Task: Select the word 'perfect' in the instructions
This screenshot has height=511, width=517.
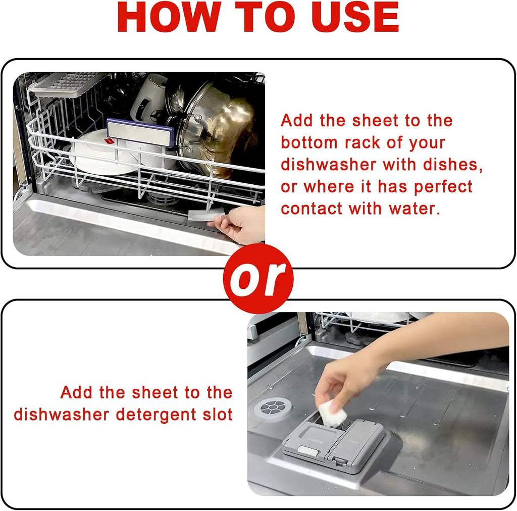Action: [x=443, y=187]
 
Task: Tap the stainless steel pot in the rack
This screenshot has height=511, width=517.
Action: [x=217, y=126]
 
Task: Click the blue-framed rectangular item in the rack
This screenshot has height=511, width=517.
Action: [x=140, y=131]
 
